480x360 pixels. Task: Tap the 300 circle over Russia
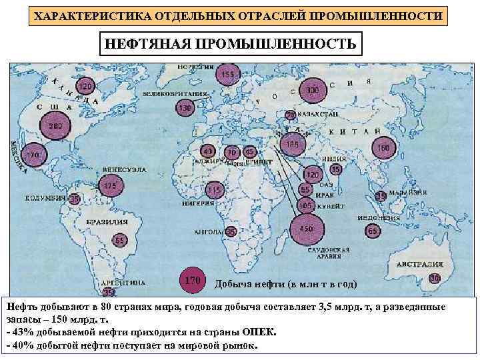[x=313, y=91]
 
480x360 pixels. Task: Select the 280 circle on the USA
[x=55, y=127]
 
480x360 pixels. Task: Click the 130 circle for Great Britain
[x=185, y=107]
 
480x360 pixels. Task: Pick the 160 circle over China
[x=383, y=147]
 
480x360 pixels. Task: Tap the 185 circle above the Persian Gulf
[x=292, y=143]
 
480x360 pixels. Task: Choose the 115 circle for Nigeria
[x=213, y=191]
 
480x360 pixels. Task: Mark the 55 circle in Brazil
[x=119, y=240]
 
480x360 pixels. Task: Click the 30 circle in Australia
[x=434, y=277]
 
